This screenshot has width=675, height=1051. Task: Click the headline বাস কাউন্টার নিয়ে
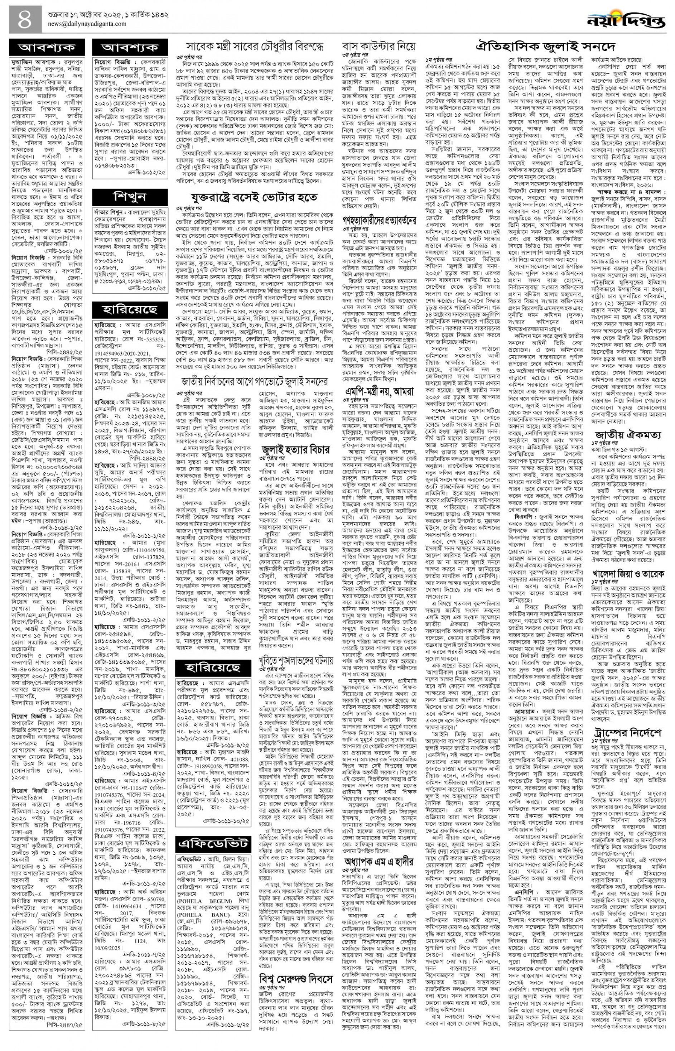(379, 47)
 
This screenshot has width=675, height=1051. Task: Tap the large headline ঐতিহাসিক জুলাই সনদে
(546, 47)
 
